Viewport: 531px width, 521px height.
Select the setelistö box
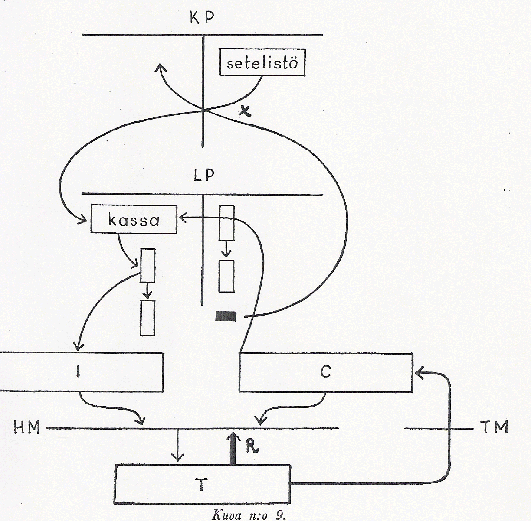(262, 63)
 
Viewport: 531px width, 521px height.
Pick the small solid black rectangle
(226, 317)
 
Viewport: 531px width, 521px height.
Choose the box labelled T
(203, 484)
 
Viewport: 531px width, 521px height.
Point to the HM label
(27, 428)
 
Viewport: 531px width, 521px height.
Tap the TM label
(495, 428)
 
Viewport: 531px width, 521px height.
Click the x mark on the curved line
(246, 112)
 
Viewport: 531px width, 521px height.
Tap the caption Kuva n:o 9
(250, 515)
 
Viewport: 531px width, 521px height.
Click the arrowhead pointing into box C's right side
(418, 371)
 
